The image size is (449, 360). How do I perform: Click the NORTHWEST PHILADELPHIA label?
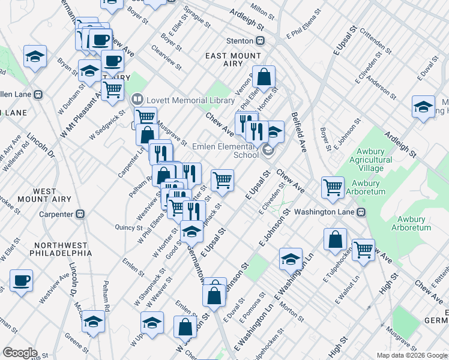pos(63,250)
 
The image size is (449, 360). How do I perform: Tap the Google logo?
pos(19,353)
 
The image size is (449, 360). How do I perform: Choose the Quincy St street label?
pos(127,227)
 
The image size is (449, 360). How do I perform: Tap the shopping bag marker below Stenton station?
pos(264,77)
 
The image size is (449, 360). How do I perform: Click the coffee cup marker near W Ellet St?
pos(21,280)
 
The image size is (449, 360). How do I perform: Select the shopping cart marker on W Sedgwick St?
pos(112,90)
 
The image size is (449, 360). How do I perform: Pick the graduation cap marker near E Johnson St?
pos(291,259)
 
